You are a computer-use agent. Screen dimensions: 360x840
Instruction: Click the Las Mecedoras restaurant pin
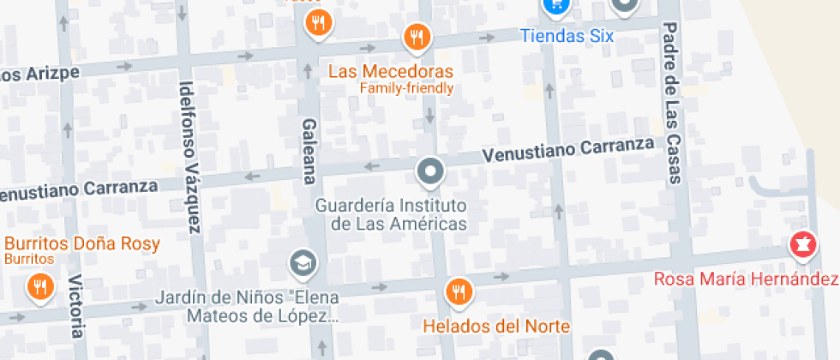(417, 37)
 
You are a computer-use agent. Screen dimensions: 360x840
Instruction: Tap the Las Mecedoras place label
(390, 70)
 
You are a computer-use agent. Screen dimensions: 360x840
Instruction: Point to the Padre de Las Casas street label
(671, 103)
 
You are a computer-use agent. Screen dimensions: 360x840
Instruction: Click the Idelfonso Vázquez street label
(189, 156)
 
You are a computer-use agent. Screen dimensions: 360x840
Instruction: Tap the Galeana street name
(309, 152)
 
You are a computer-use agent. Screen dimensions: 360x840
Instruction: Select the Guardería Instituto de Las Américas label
(391, 214)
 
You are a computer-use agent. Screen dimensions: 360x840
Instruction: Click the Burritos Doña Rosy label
(82, 243)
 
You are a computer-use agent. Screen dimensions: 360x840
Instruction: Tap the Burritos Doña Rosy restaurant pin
(39, 287)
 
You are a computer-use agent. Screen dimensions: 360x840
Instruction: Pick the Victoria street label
(76, 306)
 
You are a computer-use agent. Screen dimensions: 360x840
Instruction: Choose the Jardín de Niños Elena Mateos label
(248, 307)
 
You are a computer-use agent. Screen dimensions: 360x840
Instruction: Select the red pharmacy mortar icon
(803, 245)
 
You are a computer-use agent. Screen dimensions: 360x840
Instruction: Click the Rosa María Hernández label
(746, 279)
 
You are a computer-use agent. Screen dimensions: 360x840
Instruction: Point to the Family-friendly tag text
(406, 88)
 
